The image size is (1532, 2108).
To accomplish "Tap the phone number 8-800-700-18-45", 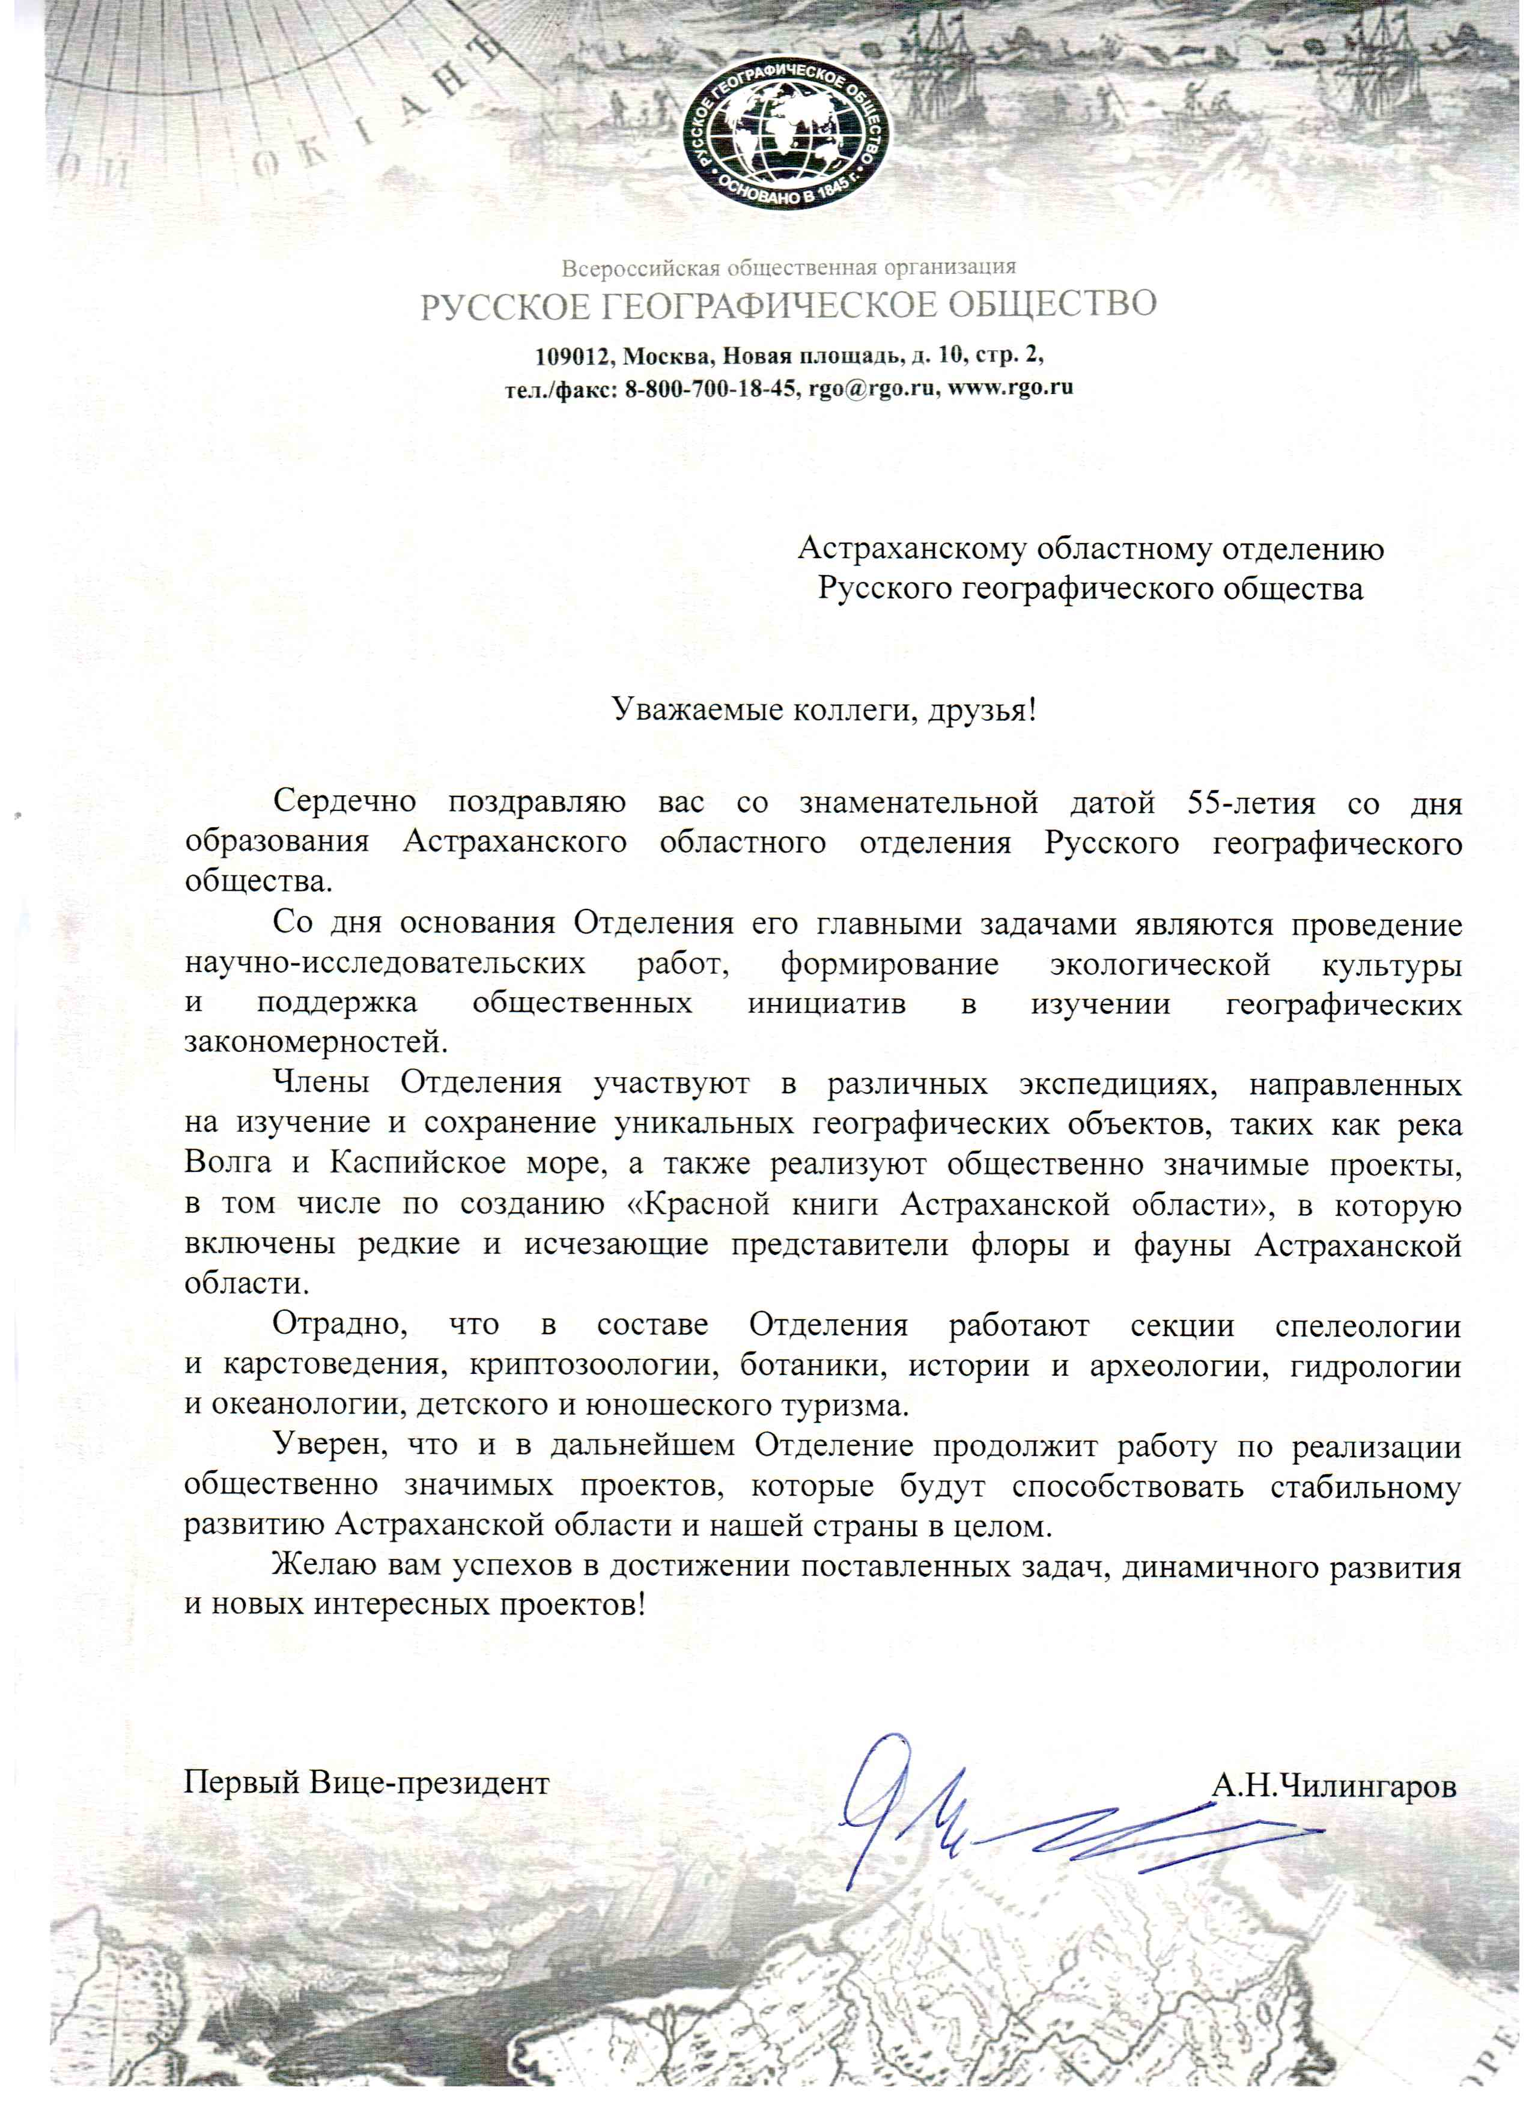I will coord(711,389).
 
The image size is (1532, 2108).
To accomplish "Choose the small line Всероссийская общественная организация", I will coord(788,269).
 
